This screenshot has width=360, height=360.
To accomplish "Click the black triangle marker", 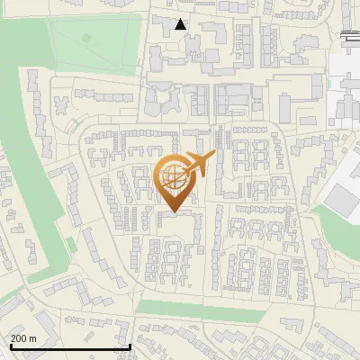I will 181,24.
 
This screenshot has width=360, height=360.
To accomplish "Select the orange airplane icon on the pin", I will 200,163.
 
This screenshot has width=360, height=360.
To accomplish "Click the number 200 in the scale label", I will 20,338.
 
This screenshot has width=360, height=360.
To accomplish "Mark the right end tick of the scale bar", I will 131,346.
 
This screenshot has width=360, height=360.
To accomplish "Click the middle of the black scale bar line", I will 70,347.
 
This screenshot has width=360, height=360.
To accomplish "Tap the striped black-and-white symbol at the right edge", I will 350,34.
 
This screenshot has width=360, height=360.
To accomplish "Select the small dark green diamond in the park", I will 86,38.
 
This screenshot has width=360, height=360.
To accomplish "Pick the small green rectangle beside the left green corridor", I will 72,245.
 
